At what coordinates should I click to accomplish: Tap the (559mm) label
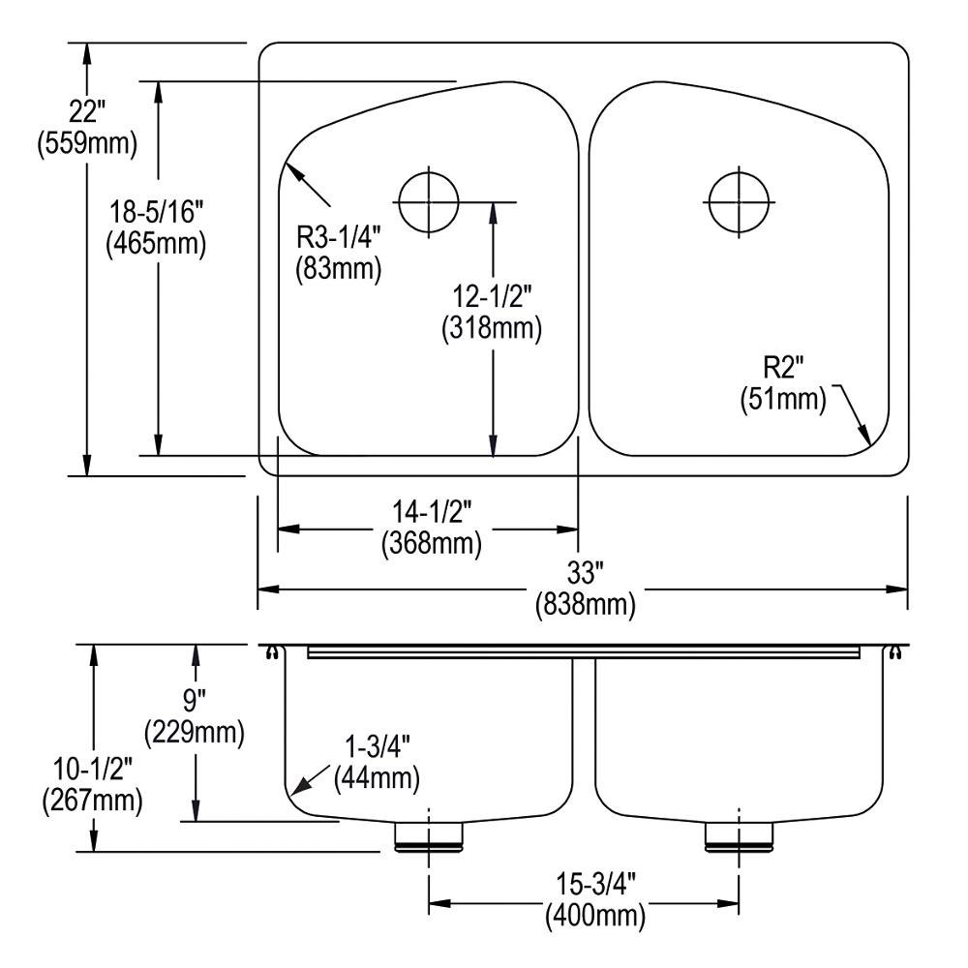pos(86,144)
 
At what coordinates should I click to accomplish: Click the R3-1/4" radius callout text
pos(339,236)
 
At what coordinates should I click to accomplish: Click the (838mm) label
pos(585,606)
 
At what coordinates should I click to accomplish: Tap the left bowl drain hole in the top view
pos(428,201)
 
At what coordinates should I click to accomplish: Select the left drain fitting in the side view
pos(428,836)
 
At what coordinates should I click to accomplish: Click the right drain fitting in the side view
pos(738,836)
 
